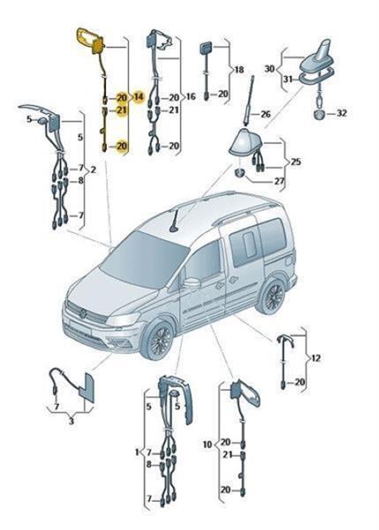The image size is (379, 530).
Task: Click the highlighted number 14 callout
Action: pos(139,97)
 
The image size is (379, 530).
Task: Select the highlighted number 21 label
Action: pos(121,110)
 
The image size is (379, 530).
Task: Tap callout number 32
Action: pos(342,113)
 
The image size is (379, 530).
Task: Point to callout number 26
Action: pos(265,114)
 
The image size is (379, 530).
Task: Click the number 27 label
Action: pos(279,181)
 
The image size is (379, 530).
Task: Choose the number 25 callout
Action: pos(295,162)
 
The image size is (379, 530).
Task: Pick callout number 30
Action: pos(269,69)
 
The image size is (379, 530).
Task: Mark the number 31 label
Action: pos(288,79)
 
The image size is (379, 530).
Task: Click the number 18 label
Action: pos(239,70)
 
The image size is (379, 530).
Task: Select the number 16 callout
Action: pos(191,96)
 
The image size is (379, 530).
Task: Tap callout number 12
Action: pos(315,358)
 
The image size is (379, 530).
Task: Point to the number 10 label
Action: pos(208,444)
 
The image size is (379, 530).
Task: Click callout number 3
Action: pos(71,421)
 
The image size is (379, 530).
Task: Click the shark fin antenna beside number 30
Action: pos(318,61)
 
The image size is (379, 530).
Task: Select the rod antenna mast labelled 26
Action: pos(250,102)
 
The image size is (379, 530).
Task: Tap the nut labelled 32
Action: pos(319,115)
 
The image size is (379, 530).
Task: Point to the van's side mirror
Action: pos(192,283)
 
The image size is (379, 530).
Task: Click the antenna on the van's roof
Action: pos(176,222)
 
